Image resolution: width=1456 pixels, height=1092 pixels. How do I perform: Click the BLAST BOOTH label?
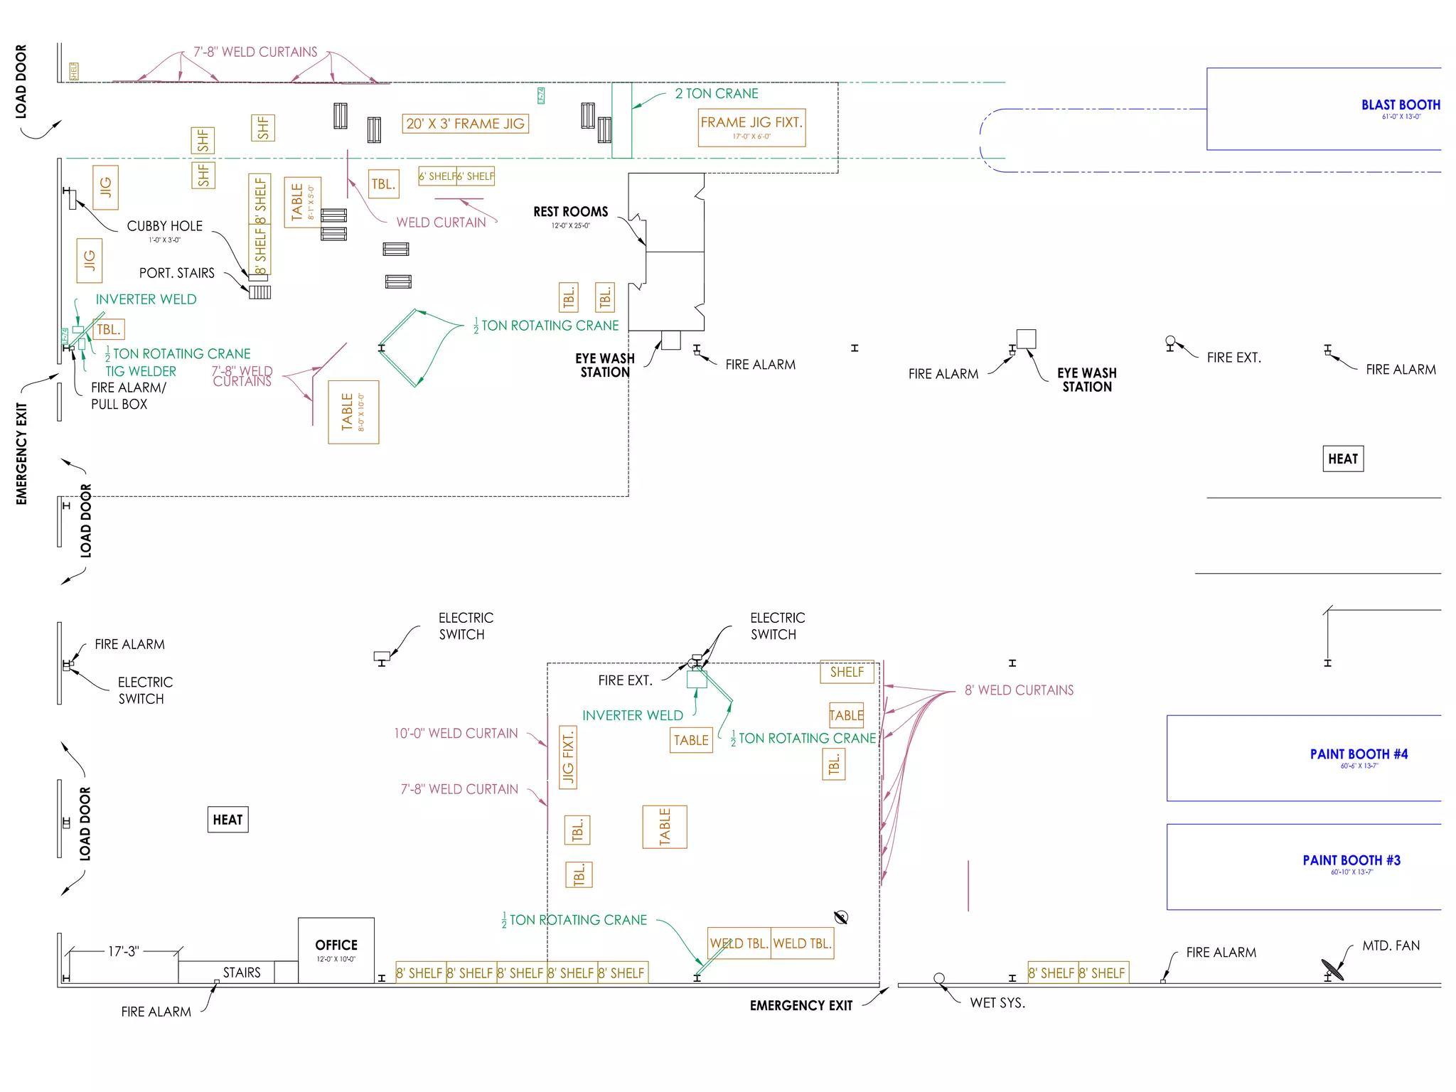[1400, 105]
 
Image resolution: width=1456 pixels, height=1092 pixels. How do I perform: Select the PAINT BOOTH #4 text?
[1358, 754]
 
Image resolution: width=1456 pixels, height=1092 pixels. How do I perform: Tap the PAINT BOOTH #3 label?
[1351, 860]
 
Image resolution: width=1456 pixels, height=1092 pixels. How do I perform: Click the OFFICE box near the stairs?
[336, 950]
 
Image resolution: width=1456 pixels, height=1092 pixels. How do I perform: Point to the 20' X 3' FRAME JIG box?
[465, 124]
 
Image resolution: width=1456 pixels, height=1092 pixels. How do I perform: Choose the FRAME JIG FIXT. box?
[751, 127]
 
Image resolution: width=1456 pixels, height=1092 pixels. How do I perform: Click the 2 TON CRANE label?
[716, 94]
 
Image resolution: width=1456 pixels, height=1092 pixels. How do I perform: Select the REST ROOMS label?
[570, 212]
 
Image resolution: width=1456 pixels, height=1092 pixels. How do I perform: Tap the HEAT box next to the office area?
[227, 820]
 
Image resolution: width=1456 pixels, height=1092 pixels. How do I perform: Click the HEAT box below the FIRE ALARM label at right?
[1342, 459]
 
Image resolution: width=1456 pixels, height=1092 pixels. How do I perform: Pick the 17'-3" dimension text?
[124, 951]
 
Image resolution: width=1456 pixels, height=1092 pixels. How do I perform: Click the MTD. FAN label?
[1391, 946]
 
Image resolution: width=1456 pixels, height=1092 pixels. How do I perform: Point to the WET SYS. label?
[997, 1003]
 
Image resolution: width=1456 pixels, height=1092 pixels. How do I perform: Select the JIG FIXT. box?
[568, 757]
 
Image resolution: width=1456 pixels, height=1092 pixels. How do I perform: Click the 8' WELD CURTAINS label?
[1018, 690]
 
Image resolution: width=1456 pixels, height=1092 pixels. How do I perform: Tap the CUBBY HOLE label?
[164, 226]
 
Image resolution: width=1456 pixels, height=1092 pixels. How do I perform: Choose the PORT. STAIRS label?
[176, 273]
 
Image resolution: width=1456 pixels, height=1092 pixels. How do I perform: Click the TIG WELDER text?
[141, 371]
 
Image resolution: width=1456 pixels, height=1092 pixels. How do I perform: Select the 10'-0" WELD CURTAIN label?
[456, 734]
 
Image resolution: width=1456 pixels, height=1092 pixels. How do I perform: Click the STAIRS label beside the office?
[242, 973]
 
